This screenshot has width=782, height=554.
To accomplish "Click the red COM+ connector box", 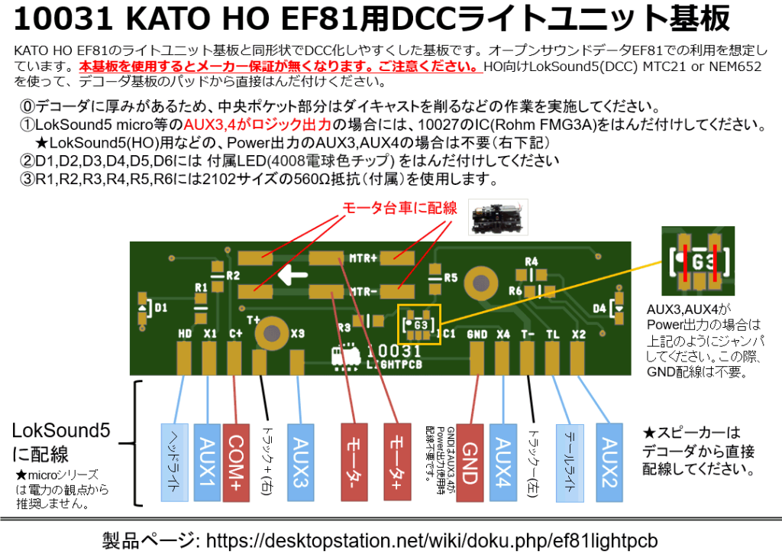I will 237,462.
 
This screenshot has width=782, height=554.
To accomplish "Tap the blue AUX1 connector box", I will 207,462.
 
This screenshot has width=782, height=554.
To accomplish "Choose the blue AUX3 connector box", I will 299,462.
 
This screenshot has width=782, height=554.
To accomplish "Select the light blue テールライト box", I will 567,462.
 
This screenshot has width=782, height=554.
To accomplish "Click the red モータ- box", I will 356,462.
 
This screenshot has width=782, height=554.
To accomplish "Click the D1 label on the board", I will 161,307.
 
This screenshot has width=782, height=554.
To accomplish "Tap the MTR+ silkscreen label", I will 364,258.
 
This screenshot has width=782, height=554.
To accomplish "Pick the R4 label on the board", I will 532,261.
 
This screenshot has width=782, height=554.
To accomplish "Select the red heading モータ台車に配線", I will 399,207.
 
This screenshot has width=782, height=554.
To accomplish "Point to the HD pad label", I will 185,334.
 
